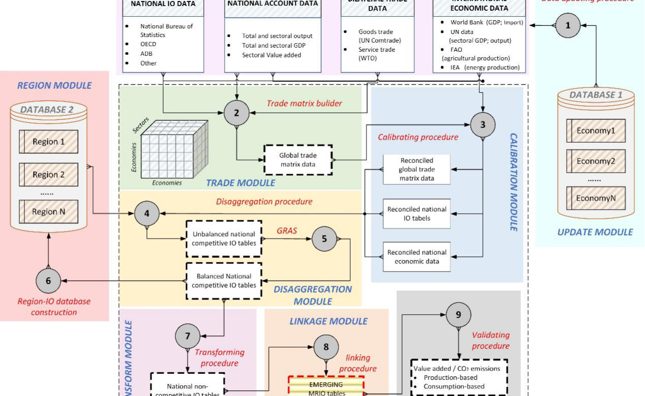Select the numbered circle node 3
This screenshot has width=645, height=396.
483,124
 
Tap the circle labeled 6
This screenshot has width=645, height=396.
48,280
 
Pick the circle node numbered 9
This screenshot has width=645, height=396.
458,315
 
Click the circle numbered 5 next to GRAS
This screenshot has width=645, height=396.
324,238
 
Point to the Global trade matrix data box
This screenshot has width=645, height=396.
298,160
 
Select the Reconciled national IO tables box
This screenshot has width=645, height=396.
417,213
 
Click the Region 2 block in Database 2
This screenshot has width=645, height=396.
48,174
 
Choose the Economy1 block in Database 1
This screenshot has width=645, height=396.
596,130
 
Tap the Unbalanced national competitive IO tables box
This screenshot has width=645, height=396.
224,239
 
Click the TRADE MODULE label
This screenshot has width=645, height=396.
240,183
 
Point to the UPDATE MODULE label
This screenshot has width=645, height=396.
595,232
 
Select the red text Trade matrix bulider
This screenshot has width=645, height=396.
304,104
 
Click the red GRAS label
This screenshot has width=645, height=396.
286,230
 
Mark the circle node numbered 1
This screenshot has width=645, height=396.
568,25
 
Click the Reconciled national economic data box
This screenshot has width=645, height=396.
417,256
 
